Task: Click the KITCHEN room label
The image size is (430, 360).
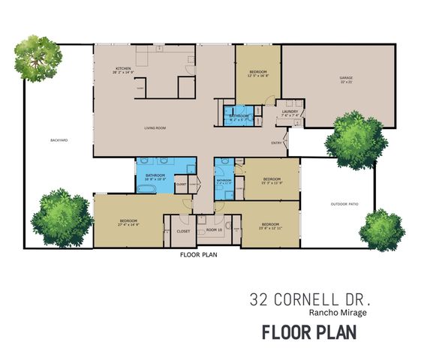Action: tap(122, 69)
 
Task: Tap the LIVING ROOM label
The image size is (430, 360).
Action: tap(155, 128)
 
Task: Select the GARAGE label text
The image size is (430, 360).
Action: tap(345, 77)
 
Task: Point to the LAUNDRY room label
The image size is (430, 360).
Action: tap(290, 112)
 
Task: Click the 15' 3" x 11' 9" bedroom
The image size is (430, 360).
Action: tap(271, 179)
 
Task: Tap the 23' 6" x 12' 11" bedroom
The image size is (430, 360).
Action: tap(270, 226)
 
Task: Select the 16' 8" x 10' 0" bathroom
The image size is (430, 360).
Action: tap(155, 177)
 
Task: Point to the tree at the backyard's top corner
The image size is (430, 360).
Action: tap(38, 55)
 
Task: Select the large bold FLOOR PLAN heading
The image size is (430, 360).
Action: tap(308, 332)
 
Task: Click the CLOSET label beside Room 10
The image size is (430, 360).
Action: tap(183, 231)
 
